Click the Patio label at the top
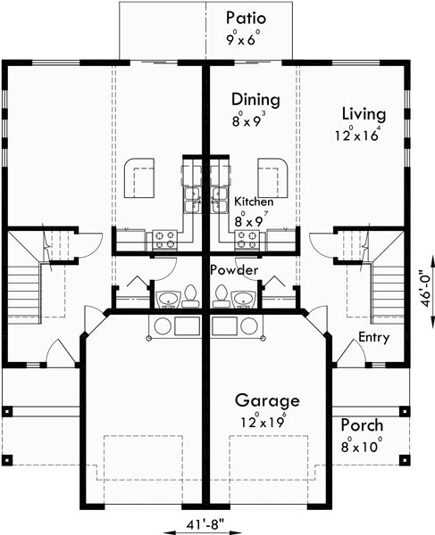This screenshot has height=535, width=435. [245, 18]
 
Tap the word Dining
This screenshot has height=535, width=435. [255, 99]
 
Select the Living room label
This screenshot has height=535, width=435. [364, 114]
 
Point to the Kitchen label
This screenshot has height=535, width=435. [254, 202]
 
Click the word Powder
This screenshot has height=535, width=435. [235, 269]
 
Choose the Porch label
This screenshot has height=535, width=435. [361, 425]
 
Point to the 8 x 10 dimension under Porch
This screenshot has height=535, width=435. [361, 446]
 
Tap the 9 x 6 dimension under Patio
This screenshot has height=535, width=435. [245, 38]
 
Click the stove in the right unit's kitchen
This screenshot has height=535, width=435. [247, 238]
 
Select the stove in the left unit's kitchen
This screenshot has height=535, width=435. [165, 238]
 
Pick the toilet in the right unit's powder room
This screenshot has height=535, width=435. [222, 295]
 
